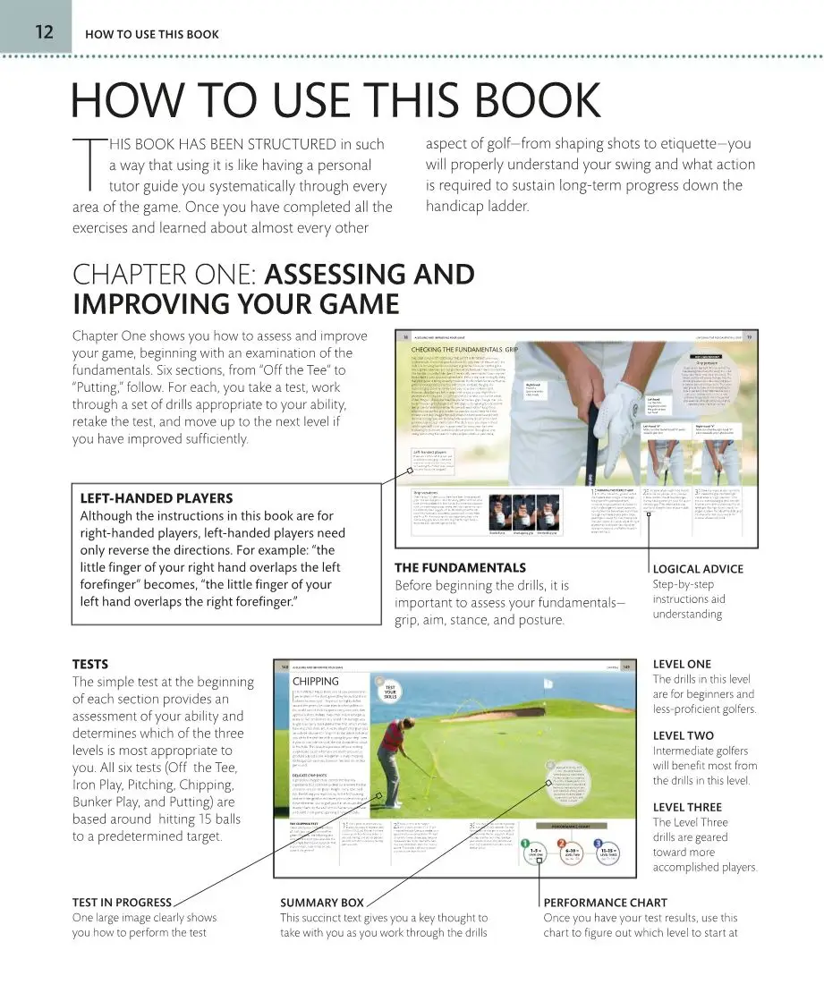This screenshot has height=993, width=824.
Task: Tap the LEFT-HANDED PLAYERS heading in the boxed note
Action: click(x=157, y=498)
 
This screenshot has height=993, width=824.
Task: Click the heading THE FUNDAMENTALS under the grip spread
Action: click(x=460, y=567)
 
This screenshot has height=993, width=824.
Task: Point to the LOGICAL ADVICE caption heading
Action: click(x=698, y=569)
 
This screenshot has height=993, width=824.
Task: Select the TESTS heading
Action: click(x=89, y=664)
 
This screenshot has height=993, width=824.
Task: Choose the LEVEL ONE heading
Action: click(x=682, y=664)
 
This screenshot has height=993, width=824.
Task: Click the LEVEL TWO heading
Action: click(x=683, y=735)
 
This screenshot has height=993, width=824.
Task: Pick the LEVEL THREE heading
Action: click(x=687, y=807)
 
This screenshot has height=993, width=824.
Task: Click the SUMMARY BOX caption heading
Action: click(x=322, y=903)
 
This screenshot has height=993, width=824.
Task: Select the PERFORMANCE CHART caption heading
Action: click(x=604, y=903)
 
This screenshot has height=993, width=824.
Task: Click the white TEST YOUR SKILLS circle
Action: click(x=390, y=693)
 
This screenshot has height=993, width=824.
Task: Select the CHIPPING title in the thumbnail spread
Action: click(x=316, y=682)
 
